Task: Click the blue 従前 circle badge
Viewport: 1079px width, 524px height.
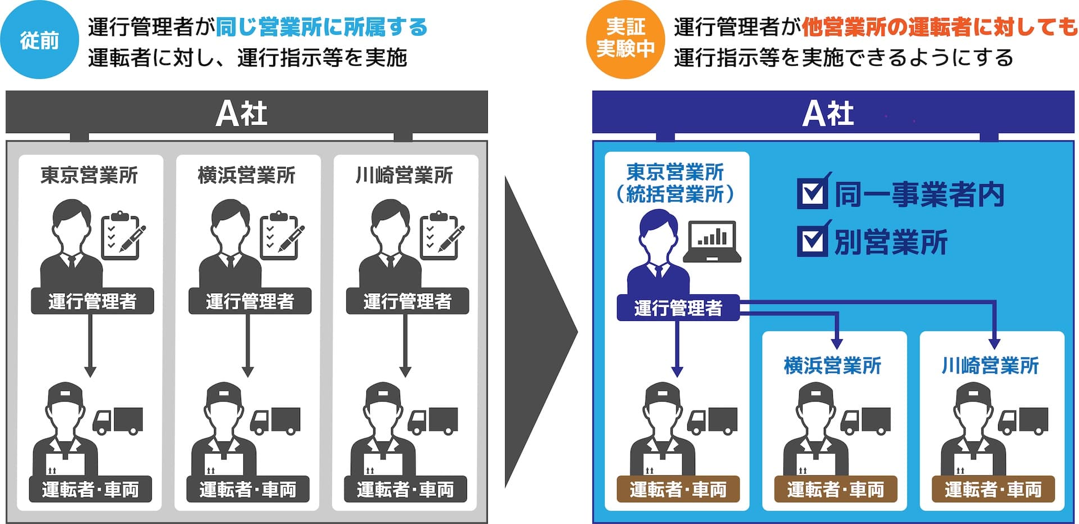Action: click(39, 40)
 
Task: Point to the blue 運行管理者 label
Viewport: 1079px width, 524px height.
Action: click(678, 308)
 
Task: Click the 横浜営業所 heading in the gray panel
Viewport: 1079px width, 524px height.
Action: click(247, 175)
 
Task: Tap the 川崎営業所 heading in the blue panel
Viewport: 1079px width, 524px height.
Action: click(990, 366)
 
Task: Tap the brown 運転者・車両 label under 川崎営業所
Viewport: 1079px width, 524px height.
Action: click(992, 489)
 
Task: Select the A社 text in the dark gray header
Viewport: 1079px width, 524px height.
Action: click(242, 114)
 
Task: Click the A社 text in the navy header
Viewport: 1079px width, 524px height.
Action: click(828, 114)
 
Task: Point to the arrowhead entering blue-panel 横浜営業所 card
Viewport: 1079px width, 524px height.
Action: click(837, 343)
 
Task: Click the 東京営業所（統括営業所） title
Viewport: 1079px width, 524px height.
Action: click(675, 183)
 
